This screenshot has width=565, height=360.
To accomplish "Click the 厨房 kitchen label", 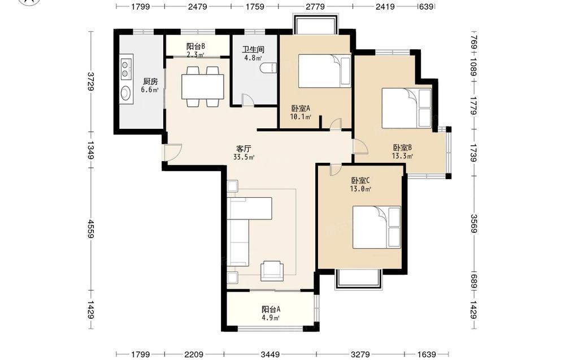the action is (x=150, y=82).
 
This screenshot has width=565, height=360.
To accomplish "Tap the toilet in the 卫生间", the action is (x=268, y=68).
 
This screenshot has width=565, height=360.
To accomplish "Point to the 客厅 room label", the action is (x=244, y=149).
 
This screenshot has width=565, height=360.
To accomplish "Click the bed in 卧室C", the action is (x=376, y=227).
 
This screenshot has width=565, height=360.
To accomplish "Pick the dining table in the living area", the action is (x=202, y=86).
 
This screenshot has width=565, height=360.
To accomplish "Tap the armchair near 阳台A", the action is (x=272, y=271).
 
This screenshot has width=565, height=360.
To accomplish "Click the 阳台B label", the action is (x=195, y=46).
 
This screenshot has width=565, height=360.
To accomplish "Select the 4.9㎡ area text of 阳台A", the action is (x=271, y=318).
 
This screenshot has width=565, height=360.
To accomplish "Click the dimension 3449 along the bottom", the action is (x=270, y=354).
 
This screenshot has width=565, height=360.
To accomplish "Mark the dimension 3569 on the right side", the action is (x=474, y=223).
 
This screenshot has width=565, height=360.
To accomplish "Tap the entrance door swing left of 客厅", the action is (x=172, y=152).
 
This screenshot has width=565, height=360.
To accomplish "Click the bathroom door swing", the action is (x=247, y=99).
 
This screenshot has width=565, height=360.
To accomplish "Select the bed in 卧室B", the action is (x=406, y=108).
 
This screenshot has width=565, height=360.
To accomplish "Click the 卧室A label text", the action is (x=301, y=109).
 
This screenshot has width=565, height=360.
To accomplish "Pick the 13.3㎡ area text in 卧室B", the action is (x=402, y=156).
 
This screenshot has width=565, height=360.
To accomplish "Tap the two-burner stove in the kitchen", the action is (x=125, y=70).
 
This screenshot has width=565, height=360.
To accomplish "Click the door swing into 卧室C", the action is (x=336, y=170).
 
